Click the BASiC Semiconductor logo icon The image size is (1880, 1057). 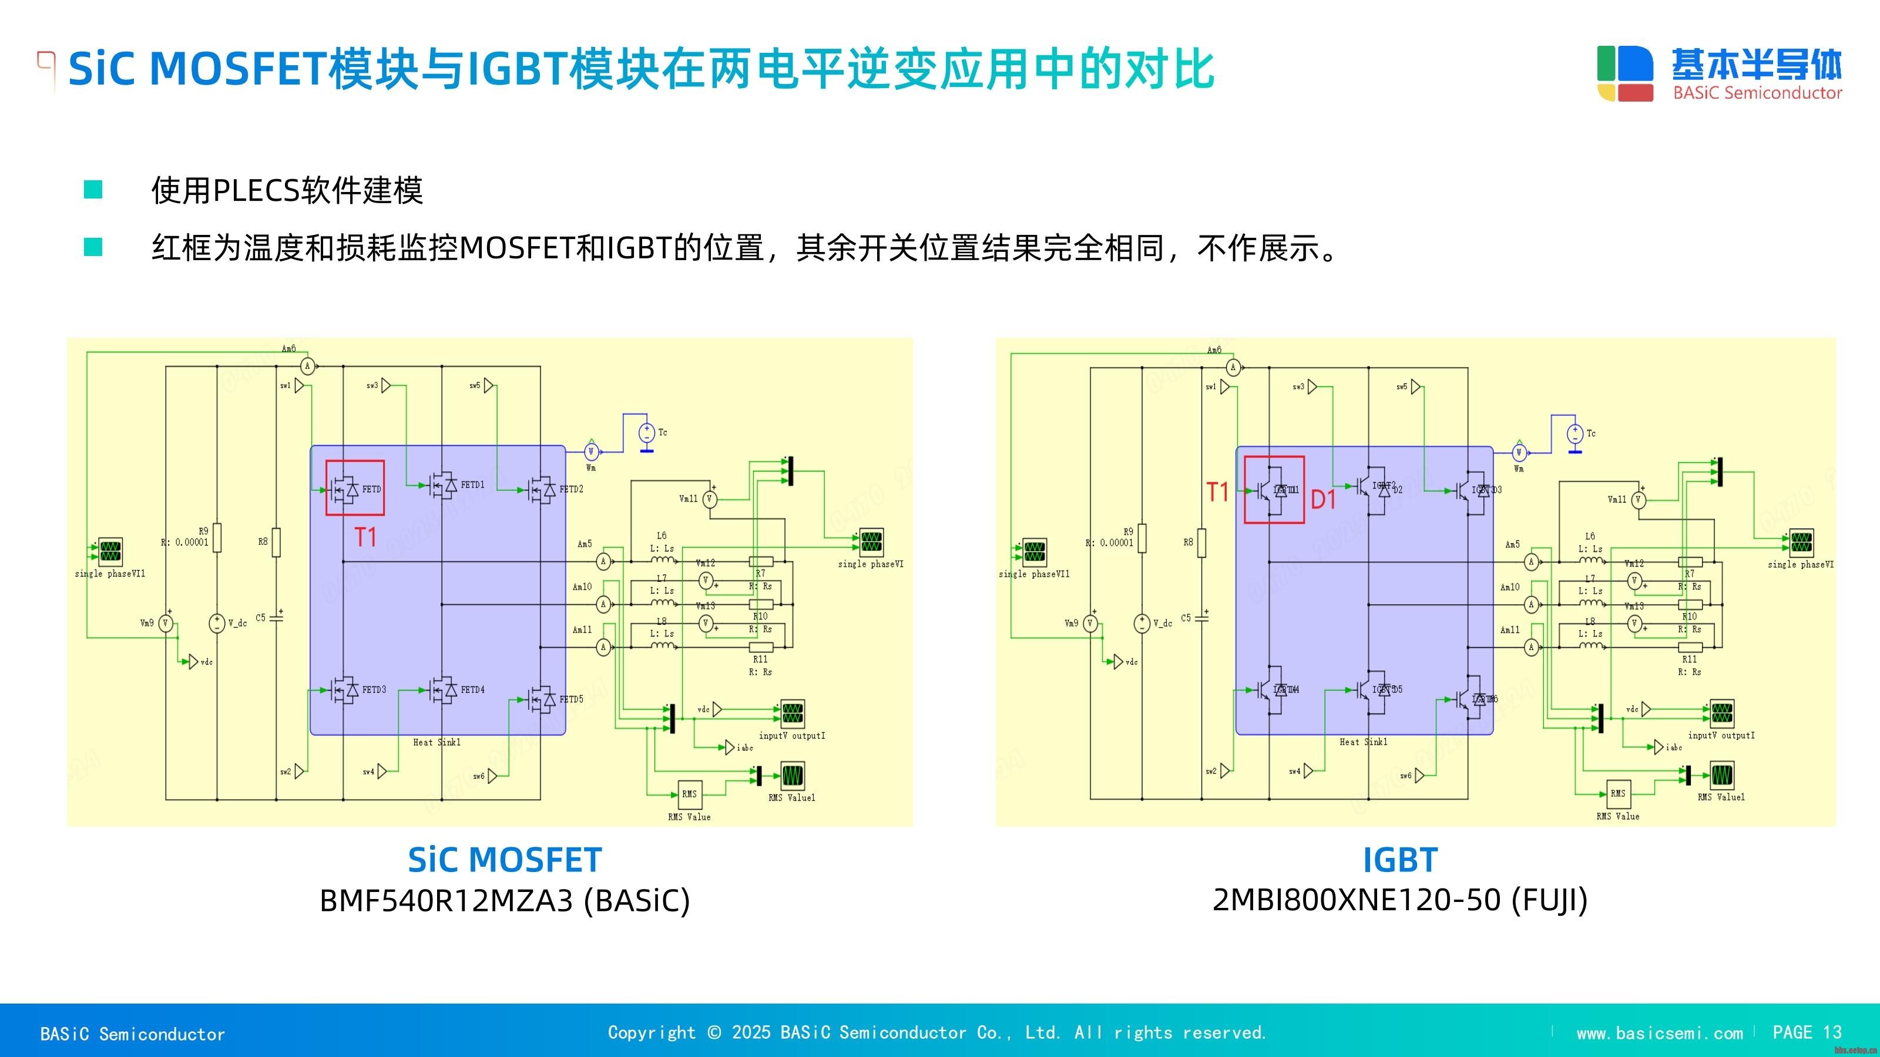pyautogui.click(x=1624, y=73)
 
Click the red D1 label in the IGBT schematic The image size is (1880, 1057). pyautogui.click(x=1323, y=500)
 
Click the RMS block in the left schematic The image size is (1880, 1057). pyautogui.click(x=689, y=794)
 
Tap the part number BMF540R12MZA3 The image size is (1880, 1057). pyautogui.click(x=446, y=901)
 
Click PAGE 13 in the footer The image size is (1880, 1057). pyautogui.click(x=1807, y=1032)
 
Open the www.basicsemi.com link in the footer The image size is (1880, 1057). pyautogui.click(x=1659, y=1033)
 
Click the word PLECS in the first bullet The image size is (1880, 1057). pyautogui.click(x=256, y=191)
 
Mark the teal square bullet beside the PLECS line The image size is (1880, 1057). pyautogui.click(x=93, y=190)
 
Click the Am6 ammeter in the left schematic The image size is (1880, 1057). pyautogui.click(x=308, y=366)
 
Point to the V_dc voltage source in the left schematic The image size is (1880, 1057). pyautogui.click(x=217, y=623)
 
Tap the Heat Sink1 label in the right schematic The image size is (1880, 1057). pyautogui.click(x=1363, y=742)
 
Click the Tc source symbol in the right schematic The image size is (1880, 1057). pyautogui.click(x=1575, y=434)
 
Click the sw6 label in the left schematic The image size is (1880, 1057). pyautogui.click(x=479, y=776)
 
